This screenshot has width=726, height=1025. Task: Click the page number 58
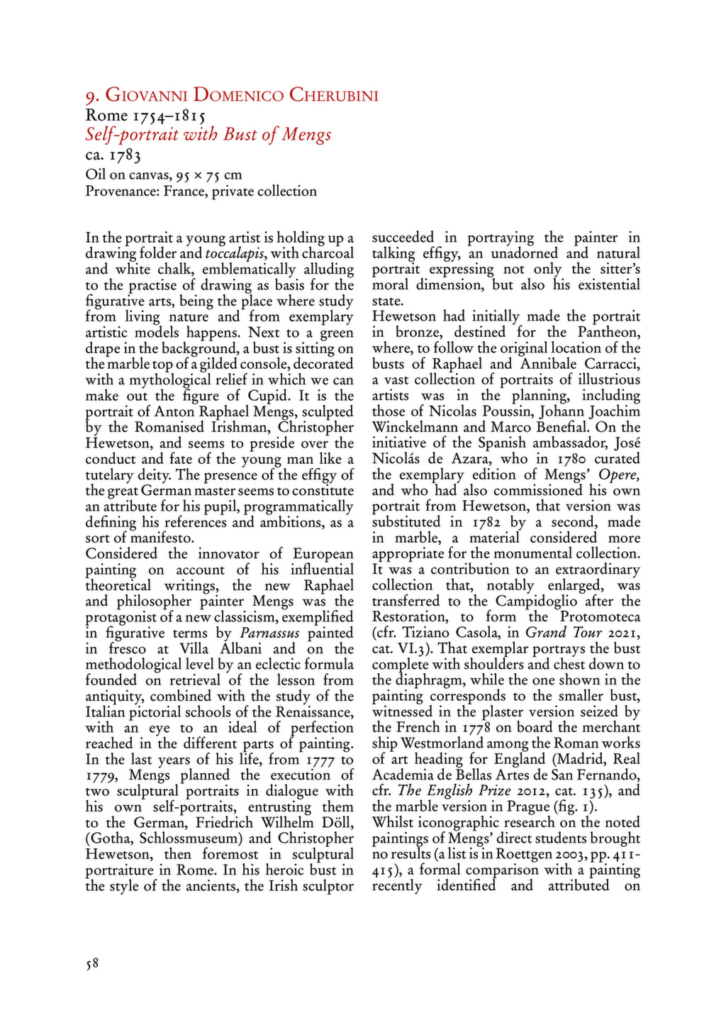91,963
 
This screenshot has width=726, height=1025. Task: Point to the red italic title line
208,135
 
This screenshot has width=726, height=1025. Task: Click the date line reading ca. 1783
113,155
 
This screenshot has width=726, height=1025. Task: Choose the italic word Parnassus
269,633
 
